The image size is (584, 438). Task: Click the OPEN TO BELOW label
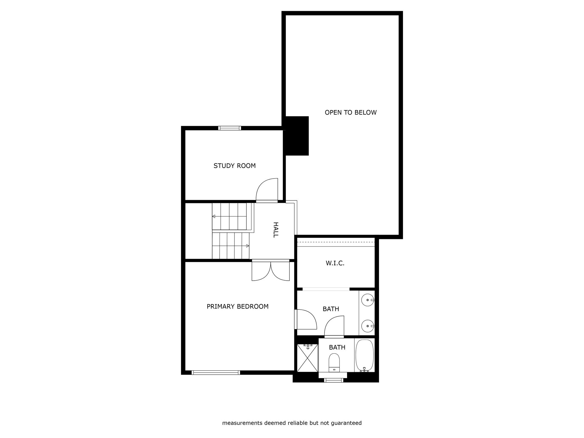click(x=350, y=112)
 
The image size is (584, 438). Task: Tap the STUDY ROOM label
click(x=234, y=166)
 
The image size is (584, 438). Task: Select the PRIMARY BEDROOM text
click(x=238, y=307)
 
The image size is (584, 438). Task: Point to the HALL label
click(x=275, y=230)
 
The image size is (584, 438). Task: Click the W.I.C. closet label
click(x=335, y=263)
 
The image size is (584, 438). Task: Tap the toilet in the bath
click(x=334, y=363)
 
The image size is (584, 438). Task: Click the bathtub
click(x=364, y=355)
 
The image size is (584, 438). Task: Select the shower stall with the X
click(x=307, y=358)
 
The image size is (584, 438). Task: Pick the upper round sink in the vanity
click(x=368, y=300)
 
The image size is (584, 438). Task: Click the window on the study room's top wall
click(x=230, y=128)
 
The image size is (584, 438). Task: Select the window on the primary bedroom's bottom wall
click(x=216, y=372)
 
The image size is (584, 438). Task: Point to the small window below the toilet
click(x=334, y=380)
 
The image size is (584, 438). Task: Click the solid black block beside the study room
click(x=297, y=136)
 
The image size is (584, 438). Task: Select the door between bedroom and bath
click(x=306, y=319)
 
